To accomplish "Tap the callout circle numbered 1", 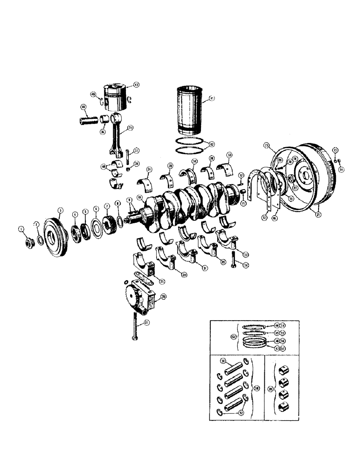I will (21, 228).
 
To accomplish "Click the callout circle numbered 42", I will (212, 144).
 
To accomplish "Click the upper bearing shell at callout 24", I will (148, 183).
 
